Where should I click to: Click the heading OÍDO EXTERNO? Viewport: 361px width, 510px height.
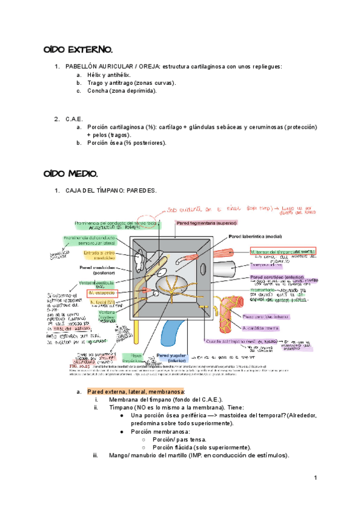tap(78, 49)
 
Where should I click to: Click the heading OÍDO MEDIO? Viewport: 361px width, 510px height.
tap(71, 174)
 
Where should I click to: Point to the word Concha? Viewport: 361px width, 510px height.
tap(97, 91)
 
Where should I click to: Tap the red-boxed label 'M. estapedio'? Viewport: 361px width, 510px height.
tap(103, 293)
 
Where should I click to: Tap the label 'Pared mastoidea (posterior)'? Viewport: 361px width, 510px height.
tap(100, 271)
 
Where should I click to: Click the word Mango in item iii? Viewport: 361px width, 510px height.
tap(119, 455)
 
